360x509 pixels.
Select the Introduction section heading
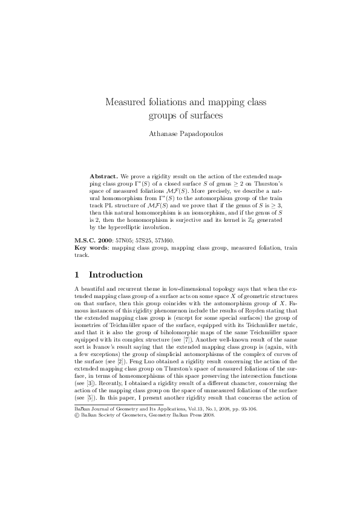click(116, 274)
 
